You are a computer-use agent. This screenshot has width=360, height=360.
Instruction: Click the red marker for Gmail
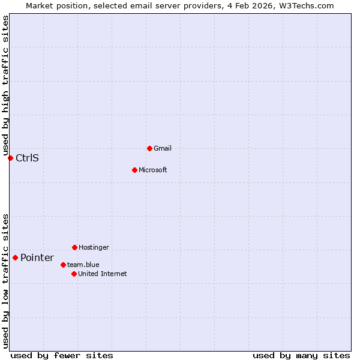pos(149,148)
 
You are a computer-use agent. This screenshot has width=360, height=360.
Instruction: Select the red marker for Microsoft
pos(134,170)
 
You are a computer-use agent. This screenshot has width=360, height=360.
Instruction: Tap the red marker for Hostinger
pos(74,247)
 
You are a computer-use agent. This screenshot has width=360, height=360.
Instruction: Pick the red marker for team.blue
pos(63,265)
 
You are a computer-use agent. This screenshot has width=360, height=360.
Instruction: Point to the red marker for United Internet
pos(74,274)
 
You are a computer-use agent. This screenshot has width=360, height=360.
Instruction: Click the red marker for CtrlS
pos(10,158)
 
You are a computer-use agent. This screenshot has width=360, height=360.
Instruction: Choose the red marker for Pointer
pos(15,257)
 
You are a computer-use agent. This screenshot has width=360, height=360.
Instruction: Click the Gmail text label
pos(163,148)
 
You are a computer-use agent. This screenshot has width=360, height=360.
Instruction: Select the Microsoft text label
pos(153,170)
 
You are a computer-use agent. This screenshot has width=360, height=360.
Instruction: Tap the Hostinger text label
pos(94,247)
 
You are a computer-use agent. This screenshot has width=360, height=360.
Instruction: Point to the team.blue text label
pos(83,265)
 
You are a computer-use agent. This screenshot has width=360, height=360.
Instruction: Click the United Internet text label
pos(103,274)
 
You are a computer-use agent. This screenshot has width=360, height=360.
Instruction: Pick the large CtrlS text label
pos(27,158)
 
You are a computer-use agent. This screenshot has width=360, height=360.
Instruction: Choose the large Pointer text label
pos(37,257)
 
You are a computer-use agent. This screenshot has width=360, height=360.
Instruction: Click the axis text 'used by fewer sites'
pos(62,355)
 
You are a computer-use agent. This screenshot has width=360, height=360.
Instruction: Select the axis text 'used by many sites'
pos(301,355)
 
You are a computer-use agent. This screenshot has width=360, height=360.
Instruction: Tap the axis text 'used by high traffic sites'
pos(5,85)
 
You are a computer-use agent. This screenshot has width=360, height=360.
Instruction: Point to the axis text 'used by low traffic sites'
pos(5,280)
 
